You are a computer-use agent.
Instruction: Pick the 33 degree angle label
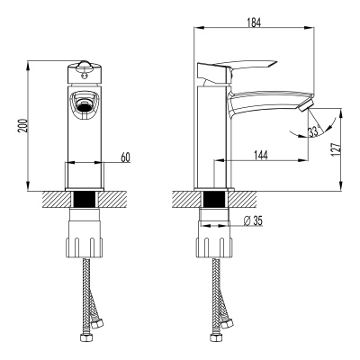pos(312,132)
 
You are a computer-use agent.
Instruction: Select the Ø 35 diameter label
pos(253,221)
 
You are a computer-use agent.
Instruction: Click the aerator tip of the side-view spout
pos(306,110)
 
